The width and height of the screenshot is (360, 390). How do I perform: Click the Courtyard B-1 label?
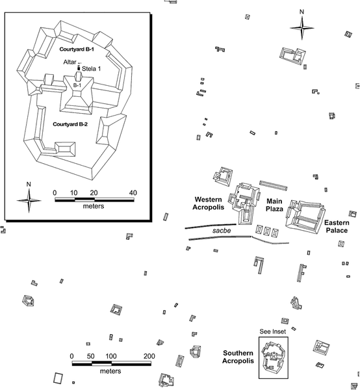[x=77, y=49]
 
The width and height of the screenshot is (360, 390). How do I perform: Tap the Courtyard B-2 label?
[x=70, y=124]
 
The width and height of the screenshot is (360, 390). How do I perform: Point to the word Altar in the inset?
[x=70, y=62]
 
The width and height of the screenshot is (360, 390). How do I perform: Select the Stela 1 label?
[x=91, y=69]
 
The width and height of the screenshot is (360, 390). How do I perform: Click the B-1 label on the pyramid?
[x=77, y=85]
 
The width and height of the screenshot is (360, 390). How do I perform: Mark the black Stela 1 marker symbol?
[x=79, y=68]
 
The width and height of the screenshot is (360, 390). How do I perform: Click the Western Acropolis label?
[x=209, y=203]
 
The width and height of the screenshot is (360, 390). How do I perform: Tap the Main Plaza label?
[x=274, y=205]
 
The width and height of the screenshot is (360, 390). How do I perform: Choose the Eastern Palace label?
[x=337, y=226]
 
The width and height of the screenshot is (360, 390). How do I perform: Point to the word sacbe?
[x=222, y=231]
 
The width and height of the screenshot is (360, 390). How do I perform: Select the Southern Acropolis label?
[x=238, y=357]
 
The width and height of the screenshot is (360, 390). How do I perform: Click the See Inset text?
[x=273, y=331]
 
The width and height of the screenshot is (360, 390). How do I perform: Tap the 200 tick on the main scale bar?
[x=149, y=356]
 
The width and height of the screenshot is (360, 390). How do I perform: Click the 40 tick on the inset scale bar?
[x=133, y=193]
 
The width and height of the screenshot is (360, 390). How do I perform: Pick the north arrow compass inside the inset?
[x=29, y=200]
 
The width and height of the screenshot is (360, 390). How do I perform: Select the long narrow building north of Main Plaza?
[x=273, y=185]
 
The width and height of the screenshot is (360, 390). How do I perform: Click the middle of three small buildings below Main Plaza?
[x=267, y=231]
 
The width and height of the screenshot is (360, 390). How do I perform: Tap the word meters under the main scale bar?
[x=110, y=371]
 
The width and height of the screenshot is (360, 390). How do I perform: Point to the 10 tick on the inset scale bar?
[x=74, y=193]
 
